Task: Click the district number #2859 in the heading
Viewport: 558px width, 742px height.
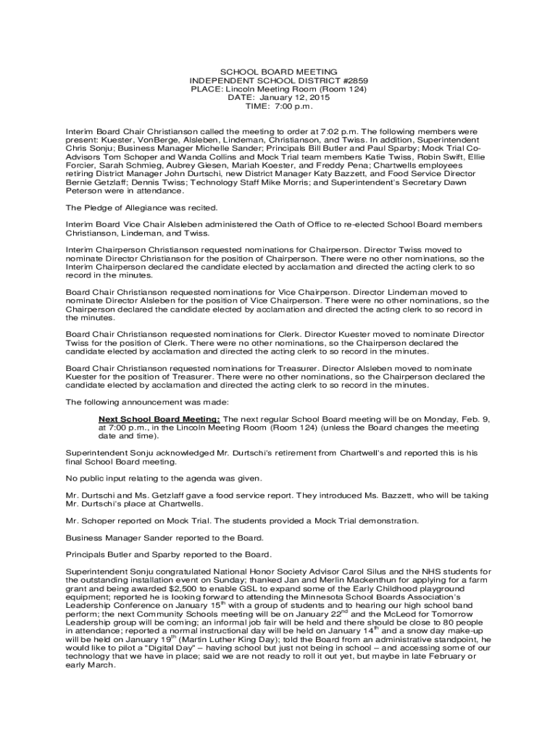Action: [354, 80]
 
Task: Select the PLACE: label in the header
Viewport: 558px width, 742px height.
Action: [206, 89]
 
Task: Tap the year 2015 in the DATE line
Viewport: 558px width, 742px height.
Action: [318, 98]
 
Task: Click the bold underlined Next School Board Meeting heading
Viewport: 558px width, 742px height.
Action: [159, 420]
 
